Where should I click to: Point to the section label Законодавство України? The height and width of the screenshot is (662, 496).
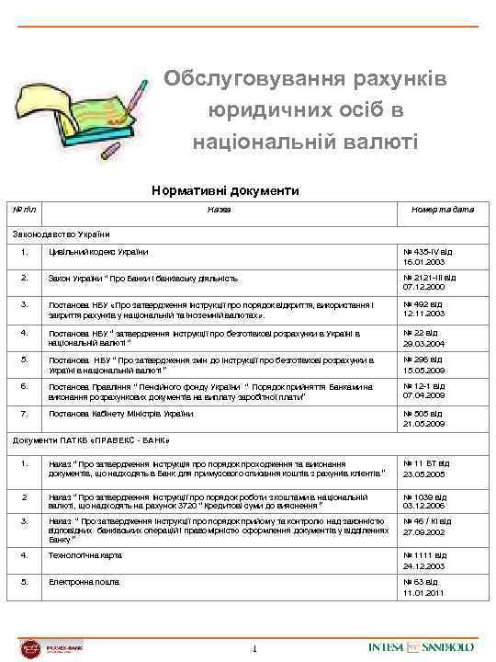[61, 233]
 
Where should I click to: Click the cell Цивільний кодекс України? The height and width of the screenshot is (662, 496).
[99, 252]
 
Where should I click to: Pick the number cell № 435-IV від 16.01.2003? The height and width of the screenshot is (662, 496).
[427, 256]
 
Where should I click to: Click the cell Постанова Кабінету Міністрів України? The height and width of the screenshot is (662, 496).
[121, 414]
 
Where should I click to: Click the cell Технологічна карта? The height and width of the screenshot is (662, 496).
[83, 555]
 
